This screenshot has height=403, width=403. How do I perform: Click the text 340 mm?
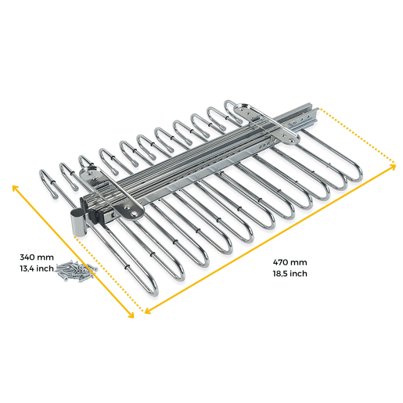(x=37, y=257)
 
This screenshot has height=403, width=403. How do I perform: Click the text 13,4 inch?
(x=37, y=268)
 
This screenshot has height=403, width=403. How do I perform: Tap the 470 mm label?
(x=290, y=262)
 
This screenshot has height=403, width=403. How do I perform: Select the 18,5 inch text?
(x=290, y=274)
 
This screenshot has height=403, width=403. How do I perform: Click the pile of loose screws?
(x=76, y=270)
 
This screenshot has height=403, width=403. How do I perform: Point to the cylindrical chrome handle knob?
(x=77, y=222)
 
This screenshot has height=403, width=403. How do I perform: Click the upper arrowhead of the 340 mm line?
(x=14, y=187)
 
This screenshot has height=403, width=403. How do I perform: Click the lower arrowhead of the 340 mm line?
(x=131, y=315)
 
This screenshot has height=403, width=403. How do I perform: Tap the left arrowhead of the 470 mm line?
(x=147, y=311)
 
